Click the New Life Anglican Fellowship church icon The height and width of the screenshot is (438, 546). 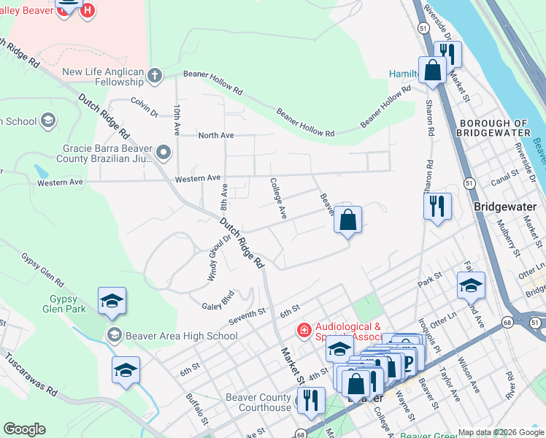click(x=154, y=74)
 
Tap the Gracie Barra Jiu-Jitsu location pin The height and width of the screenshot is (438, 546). click(x=163, y=153)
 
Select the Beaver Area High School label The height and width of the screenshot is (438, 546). click(x=182, y=336)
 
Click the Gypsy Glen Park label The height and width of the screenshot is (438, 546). click(x=68, y=304)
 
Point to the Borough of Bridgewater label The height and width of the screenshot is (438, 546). click(x=491, y=128)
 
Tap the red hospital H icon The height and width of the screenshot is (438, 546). click(x=88, y=11)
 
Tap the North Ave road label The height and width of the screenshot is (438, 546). click(x=215, y=136)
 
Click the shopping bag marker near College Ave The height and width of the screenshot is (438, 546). click(x=348, y=220)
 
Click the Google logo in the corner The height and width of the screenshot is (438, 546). click(x=25, y=429)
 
